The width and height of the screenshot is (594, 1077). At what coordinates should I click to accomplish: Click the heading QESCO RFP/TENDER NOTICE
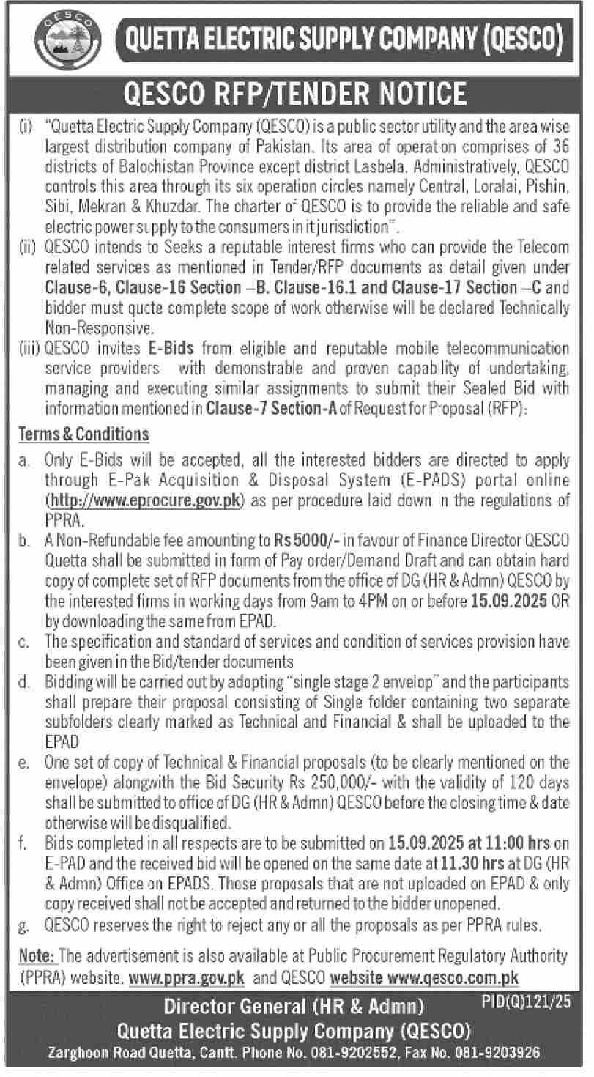tap(296, 93)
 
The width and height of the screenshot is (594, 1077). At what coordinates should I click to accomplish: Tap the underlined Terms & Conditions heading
tap(83, 434)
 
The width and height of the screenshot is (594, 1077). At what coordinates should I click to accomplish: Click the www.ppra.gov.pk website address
tap(186, 977)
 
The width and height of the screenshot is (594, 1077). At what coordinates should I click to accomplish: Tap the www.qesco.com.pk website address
tap(453, 977)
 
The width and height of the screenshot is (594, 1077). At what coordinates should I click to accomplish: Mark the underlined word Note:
tap(36, 957)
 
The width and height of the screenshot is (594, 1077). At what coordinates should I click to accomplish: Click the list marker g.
tap(23, 926)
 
